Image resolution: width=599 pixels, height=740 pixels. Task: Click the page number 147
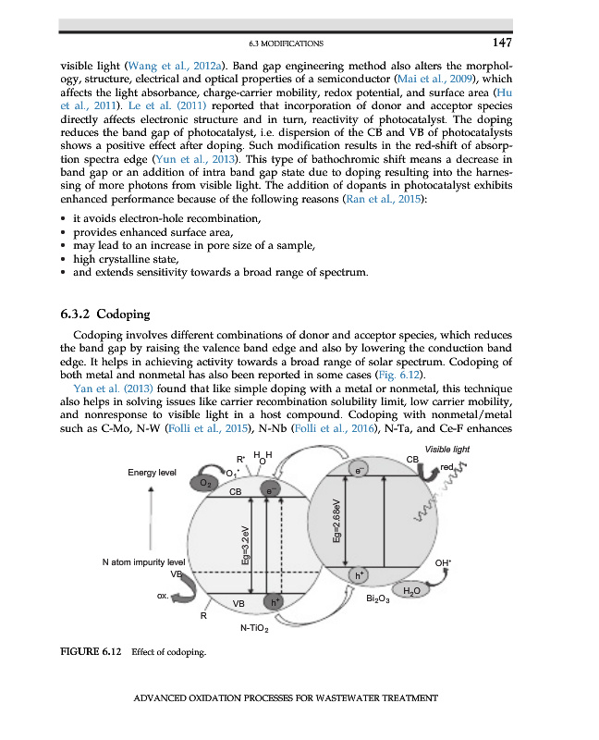[501, 43]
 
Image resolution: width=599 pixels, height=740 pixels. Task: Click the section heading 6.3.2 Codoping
[110, 314]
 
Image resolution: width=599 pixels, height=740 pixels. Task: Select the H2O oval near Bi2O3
[411, 589]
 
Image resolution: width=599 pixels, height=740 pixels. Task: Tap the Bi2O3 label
[378, 599]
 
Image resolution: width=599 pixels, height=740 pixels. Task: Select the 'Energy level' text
[153, 473]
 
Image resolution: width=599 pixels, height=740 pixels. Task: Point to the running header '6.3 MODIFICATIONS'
[286, 43]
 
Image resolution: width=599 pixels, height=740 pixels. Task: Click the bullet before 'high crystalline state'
[62, 260]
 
